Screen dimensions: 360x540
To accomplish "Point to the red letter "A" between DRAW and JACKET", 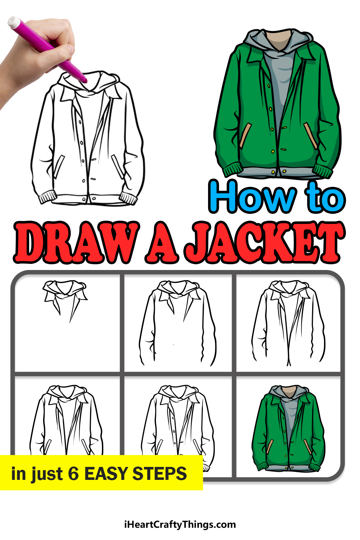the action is pyautogui.click(x=162, y=242).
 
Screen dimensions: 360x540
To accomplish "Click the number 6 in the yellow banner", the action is pyautogui.click(x=73, y=473).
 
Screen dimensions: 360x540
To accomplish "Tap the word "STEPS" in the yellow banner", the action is pyautogui.click(x=159, y=473).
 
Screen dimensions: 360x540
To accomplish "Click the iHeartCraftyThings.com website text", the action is pyautogui.click(x=180, y=525).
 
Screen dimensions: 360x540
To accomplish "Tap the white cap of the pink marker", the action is pyautogui.click(x=14, y=22).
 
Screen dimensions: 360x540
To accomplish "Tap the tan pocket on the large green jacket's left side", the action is pyautogui.click(x=245, y=135).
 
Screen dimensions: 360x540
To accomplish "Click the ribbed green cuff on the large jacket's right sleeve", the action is pyautogui.click(x=323, y=171).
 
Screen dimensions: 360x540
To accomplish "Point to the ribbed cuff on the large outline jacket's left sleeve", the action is pyautogui.click(x=49, y=197).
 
